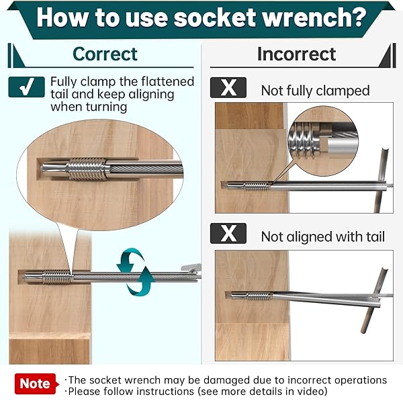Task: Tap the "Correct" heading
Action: coord(105,54)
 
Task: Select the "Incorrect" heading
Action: coord(297,54)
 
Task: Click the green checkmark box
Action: coord(26,87)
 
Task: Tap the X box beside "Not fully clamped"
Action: coord(228,87)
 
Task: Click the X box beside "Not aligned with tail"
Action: coord(228,233)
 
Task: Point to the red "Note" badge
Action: coord(35,384)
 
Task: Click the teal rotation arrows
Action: coord(136,271)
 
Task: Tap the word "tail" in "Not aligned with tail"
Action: coord(375,236)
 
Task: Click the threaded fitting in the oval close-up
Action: coord(87,169)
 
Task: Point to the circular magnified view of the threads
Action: coord(323,141)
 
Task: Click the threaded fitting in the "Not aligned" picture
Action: coord(259,296)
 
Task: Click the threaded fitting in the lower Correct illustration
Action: coord(57,277)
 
